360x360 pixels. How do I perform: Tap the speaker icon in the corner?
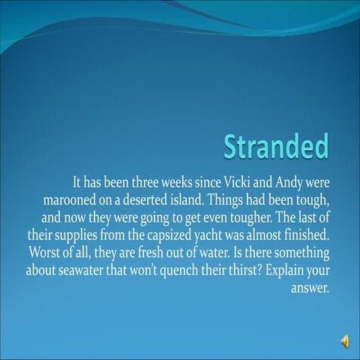[x=344, y=342]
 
